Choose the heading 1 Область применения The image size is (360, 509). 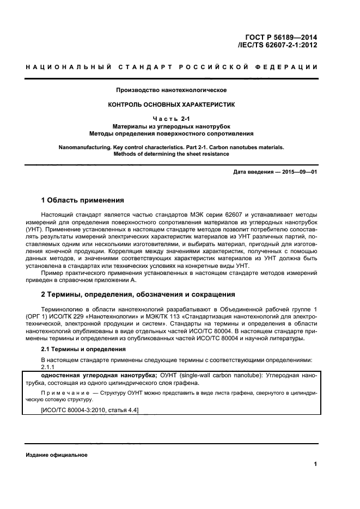pos(83,200)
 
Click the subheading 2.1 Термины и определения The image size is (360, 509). pos(80,351)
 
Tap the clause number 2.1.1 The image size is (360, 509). pos(48,367)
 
